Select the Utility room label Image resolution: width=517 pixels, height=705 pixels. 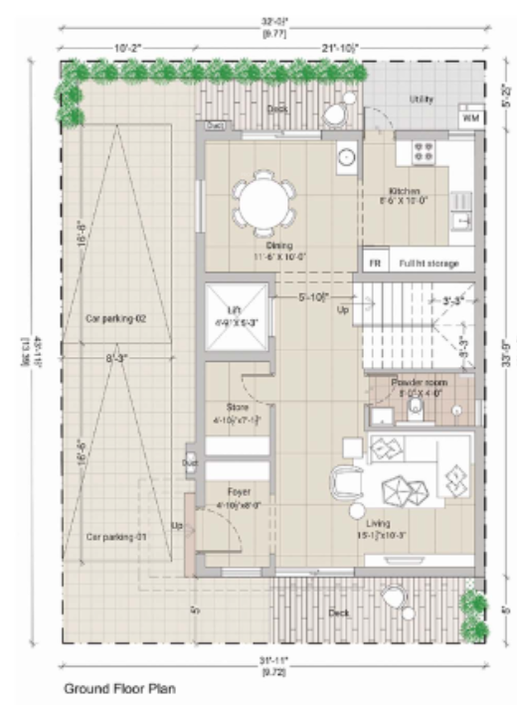421,99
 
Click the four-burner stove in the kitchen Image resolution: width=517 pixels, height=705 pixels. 422,152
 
